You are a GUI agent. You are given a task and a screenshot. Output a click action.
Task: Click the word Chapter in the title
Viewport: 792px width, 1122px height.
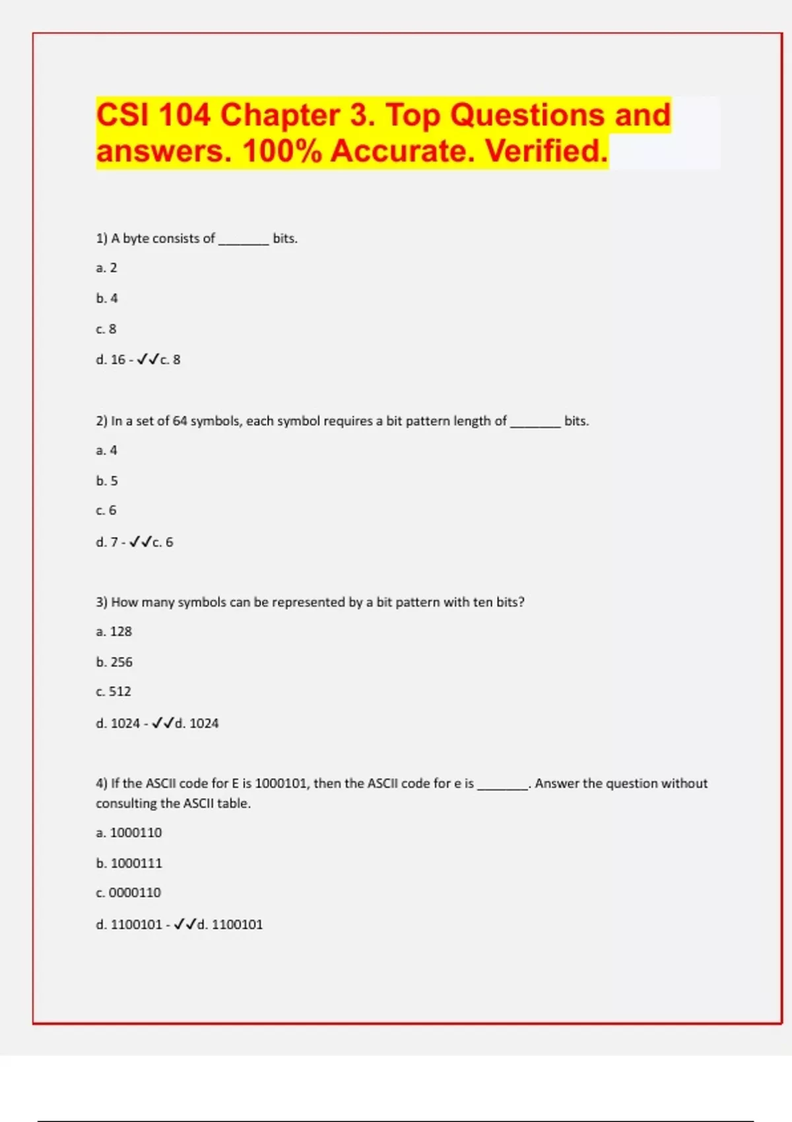pos(280,115)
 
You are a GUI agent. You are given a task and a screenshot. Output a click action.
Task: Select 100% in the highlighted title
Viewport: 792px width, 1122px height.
pos(282,151)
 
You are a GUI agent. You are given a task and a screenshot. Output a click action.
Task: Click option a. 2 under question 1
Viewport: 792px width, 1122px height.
pos(106,268)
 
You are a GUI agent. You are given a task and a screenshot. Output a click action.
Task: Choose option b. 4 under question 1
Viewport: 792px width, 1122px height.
pos(107,298)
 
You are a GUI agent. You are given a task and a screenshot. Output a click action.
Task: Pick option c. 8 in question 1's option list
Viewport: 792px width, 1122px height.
pos(106,329)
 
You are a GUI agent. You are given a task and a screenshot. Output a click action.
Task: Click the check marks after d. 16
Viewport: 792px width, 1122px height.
pos(148,360)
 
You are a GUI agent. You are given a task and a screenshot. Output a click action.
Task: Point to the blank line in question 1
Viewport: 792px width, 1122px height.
pos(244,240)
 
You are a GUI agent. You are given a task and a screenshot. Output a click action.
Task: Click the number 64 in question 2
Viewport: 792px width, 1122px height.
pos(180,421)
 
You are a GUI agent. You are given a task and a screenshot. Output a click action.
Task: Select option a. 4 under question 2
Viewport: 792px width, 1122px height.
pos(106,450)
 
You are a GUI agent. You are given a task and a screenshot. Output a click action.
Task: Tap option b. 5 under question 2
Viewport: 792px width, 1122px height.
pos(107,480)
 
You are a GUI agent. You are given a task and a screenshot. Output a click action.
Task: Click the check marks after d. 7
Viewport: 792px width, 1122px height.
pos(141,542)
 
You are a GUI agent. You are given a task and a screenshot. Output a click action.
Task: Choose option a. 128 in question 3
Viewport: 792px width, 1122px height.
pos(114,632)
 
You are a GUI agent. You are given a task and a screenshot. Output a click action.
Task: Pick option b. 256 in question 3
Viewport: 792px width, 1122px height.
pos(114,662)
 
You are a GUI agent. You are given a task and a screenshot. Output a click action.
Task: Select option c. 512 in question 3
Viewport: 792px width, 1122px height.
pos(114,692)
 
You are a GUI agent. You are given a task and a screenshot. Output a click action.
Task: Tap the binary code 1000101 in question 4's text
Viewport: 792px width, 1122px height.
pos(280,783)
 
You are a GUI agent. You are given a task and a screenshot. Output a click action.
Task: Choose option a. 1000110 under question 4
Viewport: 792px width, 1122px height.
pos(129,833)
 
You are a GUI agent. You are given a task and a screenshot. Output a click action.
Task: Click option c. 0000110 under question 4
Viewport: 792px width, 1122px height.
pos(128,893)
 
